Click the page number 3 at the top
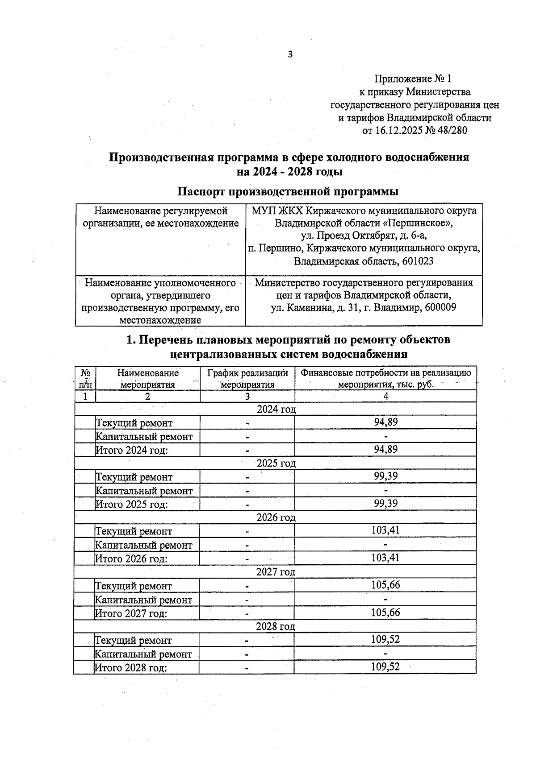[290, 55]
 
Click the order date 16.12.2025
[398, 131]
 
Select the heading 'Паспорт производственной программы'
[288, 191]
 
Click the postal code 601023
[418, 261]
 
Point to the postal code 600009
[440, 307]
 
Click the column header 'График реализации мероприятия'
[248, 378]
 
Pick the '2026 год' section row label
[276, 517]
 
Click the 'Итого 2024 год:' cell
[132, 450]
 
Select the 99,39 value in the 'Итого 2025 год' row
[386, 504]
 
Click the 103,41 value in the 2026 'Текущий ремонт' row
[385, 530]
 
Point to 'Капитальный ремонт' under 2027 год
[143, 600]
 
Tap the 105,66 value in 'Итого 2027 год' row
[385, 612]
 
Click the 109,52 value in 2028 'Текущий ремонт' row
[385, 639]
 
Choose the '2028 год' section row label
[276, 626]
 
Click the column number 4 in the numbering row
[386, 396]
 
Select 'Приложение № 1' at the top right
[413, 79]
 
